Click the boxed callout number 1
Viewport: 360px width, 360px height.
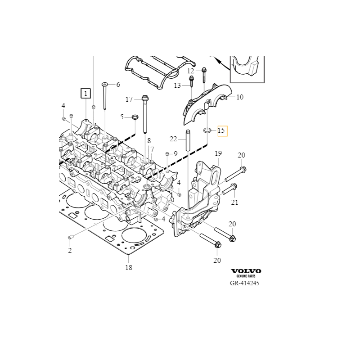(x=85, y=94)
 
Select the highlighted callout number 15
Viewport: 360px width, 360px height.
(x=222, y=131)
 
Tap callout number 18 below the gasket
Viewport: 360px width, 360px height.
(x=129, y=268)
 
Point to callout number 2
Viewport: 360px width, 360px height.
(x=70, y=251)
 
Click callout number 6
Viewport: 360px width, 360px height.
(x=118, y=85)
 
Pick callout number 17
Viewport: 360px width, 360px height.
(x=129, y=99)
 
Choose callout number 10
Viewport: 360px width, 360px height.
(x=239, y=97)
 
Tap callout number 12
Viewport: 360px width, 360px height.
(x=191, y=71)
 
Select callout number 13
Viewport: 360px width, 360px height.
(x=177, y=85)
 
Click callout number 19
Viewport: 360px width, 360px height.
(x=219, y=154)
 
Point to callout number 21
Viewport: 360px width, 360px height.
(x=234, y=202)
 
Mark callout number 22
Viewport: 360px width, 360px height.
(x=173, y=139)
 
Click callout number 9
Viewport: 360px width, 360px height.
(x=175, y=154)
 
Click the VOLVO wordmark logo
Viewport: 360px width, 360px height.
(x=246, y=271)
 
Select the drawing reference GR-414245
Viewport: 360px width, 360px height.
(x=244, y=283)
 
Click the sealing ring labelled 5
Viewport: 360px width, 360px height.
(x=134, y=118)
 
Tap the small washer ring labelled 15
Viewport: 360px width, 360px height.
(x=207, y=130)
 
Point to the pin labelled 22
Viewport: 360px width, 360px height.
(x=187, y=142)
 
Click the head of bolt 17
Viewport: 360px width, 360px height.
(x=145, y=98)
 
